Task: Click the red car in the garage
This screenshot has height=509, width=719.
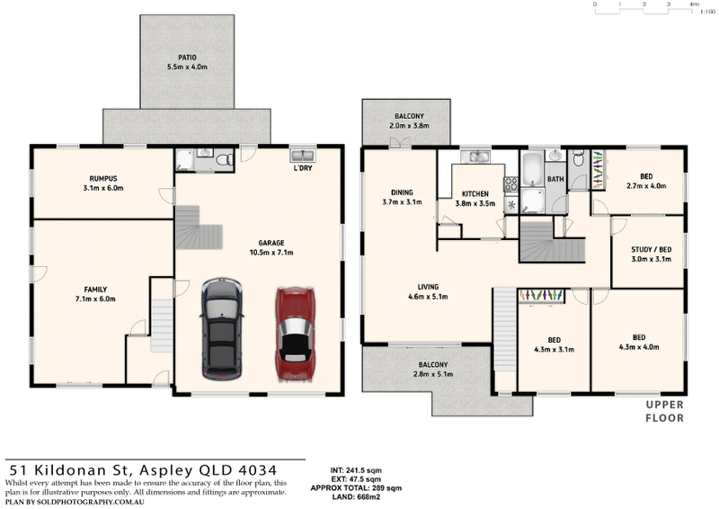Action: [295, 335]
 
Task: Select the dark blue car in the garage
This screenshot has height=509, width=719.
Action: [221, 328]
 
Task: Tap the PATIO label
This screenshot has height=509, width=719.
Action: [187, 58]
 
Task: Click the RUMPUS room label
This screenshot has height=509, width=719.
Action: [103, 179]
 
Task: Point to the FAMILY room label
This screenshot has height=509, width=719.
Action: [95, 290]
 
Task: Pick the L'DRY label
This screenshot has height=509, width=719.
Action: [303, 168]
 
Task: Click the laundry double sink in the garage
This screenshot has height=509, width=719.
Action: [303, 156]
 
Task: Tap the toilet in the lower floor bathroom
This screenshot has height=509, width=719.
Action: [224, 160]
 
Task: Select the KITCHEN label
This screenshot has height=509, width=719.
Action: [475, 193]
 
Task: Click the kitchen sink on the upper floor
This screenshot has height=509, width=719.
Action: [475, 156]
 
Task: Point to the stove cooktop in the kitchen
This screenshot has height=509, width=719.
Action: [510, 184]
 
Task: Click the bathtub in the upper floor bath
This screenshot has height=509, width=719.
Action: [532, 169]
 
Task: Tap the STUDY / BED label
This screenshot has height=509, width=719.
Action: [651, 250]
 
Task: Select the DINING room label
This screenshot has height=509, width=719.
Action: [402, 192]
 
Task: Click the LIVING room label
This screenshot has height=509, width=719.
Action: [428, 287]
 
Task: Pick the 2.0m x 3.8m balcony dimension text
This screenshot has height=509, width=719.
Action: [409, 126]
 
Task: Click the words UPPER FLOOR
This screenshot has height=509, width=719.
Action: [665, 411]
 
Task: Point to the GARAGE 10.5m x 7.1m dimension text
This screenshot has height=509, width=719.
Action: [271, 253]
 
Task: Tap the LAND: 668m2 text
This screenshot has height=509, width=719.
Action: [356, 496]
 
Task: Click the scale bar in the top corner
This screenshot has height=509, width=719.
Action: [644, 8]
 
